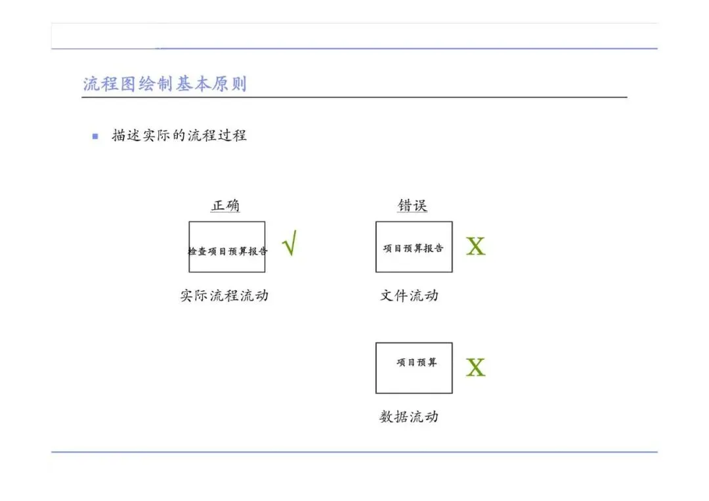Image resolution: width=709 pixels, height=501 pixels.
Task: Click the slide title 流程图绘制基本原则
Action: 165,84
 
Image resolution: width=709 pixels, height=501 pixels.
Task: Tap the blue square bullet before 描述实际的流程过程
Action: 95,137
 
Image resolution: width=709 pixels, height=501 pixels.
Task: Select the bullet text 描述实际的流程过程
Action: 179,136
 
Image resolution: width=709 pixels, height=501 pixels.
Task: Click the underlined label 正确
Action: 225,206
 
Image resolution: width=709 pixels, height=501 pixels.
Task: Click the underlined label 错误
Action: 412,206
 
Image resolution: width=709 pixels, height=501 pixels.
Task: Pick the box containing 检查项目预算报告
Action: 227,247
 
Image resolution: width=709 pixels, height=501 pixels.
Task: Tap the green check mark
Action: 289,244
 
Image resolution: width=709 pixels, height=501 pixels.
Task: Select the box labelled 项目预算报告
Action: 414,247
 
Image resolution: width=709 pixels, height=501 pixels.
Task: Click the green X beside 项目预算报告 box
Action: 475,247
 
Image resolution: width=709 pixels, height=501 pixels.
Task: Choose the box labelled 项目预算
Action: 414,368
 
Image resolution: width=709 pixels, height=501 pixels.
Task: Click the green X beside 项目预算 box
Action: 475,368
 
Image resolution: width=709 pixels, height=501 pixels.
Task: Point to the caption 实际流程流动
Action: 225,295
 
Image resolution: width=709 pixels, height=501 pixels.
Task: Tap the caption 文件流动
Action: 409,295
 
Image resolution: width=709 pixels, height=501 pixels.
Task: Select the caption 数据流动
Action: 409,416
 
